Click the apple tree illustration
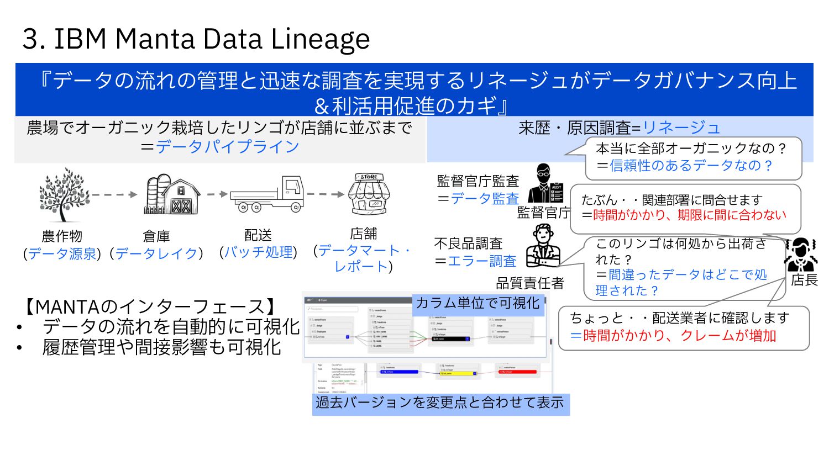point(64,194)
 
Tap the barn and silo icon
point(171,194)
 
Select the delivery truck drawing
point(267,194)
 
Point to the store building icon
point(369,194)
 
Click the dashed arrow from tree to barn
point(114,194)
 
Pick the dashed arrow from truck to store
point(326,194)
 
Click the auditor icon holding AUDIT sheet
point(545,184)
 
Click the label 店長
point(804,280)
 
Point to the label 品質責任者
point(530,283)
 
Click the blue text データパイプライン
point(227,147)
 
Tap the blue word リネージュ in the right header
point(681,128)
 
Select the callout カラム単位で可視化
point(478,303)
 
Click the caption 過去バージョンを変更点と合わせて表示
point(440,403)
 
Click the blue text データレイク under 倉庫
point(156,253)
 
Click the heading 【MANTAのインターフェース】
point(150,306)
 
